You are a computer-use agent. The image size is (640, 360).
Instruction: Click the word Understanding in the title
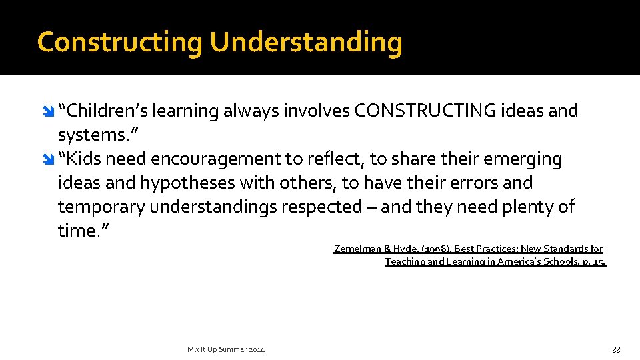point(306,42)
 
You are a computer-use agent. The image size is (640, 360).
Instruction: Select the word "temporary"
point(101,207)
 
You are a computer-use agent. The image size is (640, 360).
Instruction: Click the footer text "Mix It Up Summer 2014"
point(225,349)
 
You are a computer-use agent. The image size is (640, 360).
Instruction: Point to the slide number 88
point(616,349)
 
